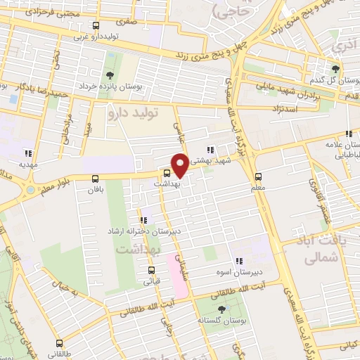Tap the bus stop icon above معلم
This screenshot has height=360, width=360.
[258, 176]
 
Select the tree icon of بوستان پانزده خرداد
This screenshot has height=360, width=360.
[109, 76]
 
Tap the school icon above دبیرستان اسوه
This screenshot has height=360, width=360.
[239, 261]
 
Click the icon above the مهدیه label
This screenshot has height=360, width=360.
[28, 153]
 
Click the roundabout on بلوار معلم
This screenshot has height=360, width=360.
[30, 189]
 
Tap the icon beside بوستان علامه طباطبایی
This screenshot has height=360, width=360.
[348, 134]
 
